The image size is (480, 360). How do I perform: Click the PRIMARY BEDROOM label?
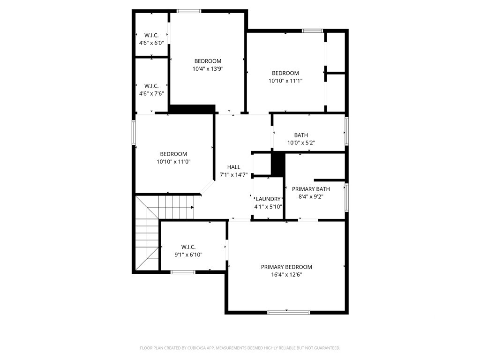286,267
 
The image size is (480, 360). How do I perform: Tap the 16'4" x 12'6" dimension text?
286,275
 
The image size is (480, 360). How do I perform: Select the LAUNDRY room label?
268,199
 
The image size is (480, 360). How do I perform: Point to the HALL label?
233,167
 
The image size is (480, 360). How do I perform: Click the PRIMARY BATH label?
311,189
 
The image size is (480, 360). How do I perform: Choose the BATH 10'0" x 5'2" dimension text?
301,142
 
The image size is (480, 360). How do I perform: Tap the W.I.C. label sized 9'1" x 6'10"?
188,247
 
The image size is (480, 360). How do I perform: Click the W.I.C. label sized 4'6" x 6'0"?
151,35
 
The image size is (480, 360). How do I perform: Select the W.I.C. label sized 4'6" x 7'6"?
151,86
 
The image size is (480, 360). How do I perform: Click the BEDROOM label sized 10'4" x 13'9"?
208,61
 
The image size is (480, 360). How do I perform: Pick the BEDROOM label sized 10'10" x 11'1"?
285,73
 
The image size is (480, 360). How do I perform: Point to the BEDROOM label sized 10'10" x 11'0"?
173,154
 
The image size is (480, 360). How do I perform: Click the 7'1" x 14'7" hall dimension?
233,175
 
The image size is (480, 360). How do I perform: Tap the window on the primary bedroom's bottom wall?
288,313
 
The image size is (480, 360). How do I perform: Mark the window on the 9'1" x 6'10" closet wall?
183,272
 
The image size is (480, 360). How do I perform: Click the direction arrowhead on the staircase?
193,207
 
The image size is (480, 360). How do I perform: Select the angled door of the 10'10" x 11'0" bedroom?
207,187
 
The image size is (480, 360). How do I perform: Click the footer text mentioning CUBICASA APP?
240,348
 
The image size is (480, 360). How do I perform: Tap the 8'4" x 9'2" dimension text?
311,197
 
